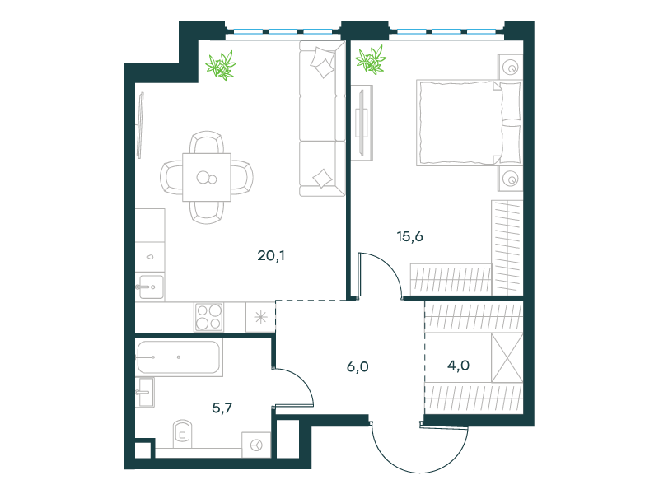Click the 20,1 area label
(x=271, y=255)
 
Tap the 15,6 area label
(x=409, y=236)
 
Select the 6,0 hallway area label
(x=358, y=366)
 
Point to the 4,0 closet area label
(x=458, y=366)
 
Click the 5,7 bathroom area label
(x=222, y=408)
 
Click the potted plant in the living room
(x=221, y=66)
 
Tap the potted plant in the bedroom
(x=371, y=59)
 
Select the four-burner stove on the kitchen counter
(x=209, y=316)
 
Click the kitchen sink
(x=150, y=287)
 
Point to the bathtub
(x=179, y=357)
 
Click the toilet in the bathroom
(x=182, y=434)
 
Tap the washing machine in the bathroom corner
(x=256, y=445)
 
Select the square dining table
(x=207, y=177)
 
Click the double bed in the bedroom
(x=469, y=122)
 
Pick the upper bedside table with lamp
(x=510, y=67)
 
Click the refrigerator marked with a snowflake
(x=260, y=317)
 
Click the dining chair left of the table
(x=171, y=177)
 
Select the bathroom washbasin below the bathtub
(x=145, y=393)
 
